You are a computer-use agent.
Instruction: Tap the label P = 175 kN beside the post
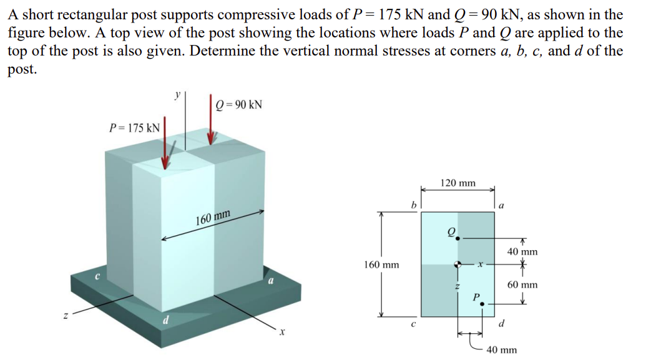coord(134,128)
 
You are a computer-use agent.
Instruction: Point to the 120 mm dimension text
coord(458,183)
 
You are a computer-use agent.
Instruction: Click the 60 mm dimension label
coord(522,285)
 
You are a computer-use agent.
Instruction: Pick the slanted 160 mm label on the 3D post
coord(213,218)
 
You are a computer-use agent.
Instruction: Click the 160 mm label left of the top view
coord(381,265)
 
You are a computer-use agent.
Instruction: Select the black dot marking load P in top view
coord(482,304)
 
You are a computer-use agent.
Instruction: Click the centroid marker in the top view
coord(458,264)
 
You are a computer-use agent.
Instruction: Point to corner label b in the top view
coord(413,203)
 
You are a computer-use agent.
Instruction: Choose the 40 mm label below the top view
coord(501,349)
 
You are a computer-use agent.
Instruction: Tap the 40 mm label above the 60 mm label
coord(522,252)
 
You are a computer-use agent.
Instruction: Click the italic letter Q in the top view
coord(451,230)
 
